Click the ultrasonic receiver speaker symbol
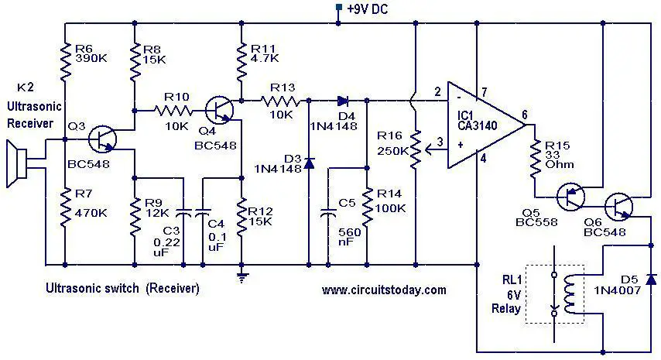click(17, 163)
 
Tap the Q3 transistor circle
click(102, 139)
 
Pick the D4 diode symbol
click(342, 101)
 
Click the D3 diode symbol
click(309, 163)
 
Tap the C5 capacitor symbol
click(328, 212)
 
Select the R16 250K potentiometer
click(417, 149)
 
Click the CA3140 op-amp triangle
click(485, 125)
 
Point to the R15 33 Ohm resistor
click(535, 158)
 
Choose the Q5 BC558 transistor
click(570, 197)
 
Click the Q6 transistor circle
click(618, 207)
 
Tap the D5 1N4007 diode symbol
click(652, 279)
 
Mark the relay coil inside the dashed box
click(570, 294)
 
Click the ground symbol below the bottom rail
click(241, 277)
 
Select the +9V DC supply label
click(367, 9)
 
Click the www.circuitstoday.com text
click(384, 290)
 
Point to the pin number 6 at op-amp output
click(525, 115)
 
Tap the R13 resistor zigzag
click(281, 101)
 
